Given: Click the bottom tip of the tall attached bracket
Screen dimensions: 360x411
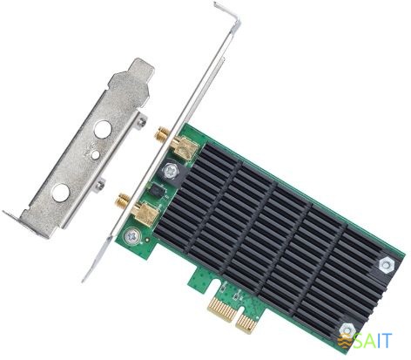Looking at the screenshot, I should pyautogui.click(x=85, y=277).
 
